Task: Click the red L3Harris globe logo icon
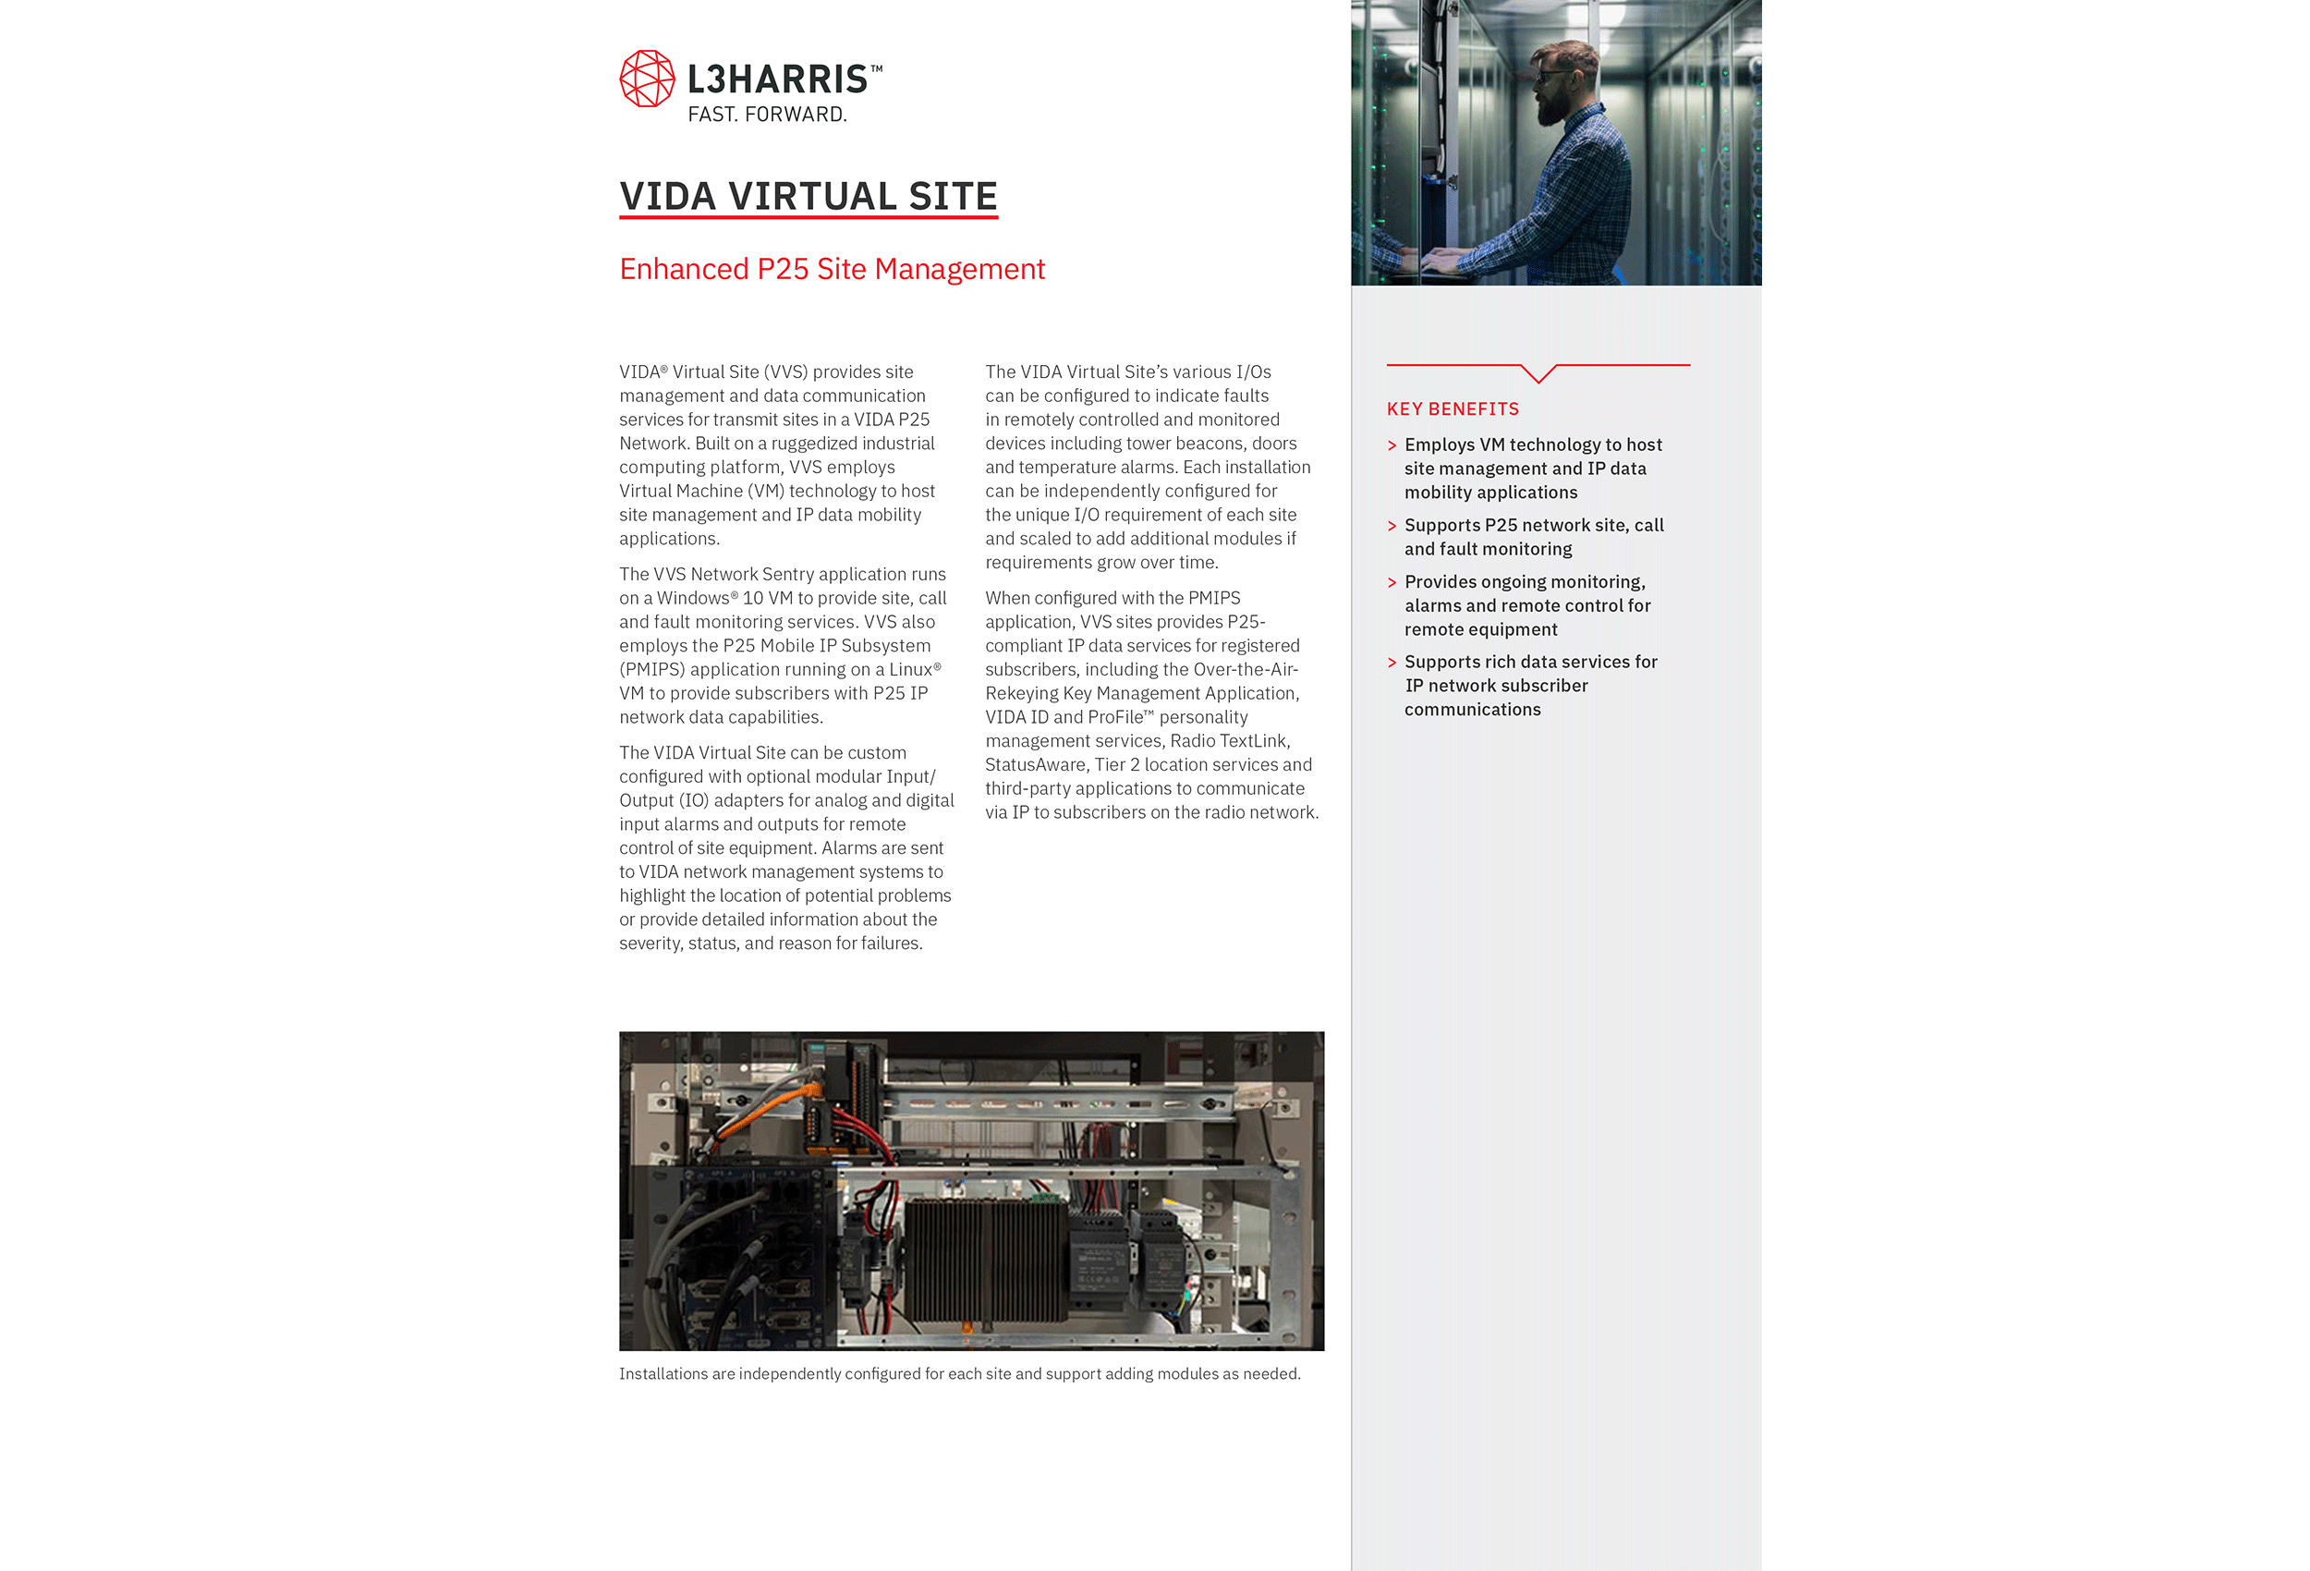pyautogui.click(x=647, y=79)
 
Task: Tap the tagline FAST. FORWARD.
pyautogui.click(x=767, y=115)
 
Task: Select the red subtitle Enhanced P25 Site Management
pyautogui.click(x=832, y=270)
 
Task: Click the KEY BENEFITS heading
pyautogui.click(x=1453, y=408)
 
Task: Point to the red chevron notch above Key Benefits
pyautogui.click(x=1538, y=374)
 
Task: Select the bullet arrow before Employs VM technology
pyautogui.click(x=1392, y=445)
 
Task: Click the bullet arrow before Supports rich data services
pyautogui.click(x=1392, y=663)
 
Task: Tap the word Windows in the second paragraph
pyautogui.click(x=693, y=599)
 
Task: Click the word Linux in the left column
pyautogui.click(x=910, y=670)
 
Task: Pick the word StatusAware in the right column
pyautogui.click(x=1035, y=764)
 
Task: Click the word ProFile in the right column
pyautogui.click(x=1115, y=718)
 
